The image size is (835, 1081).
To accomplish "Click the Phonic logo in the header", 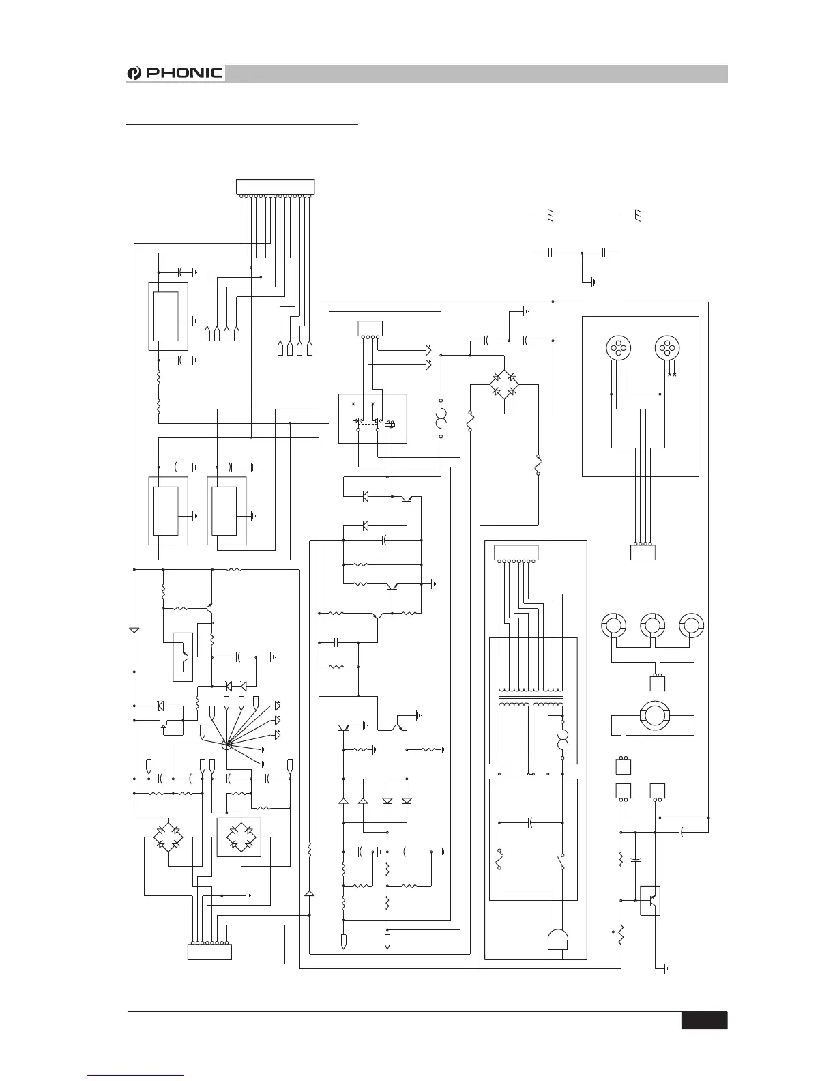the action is point(175,73).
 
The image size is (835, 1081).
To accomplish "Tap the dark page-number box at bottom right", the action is point(704,1020).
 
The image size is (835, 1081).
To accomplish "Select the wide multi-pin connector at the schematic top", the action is point(275,186).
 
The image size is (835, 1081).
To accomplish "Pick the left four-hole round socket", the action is point(618,349).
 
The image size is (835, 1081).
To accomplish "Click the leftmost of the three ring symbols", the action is point(613,624).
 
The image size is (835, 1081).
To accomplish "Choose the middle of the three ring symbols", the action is point(653,624).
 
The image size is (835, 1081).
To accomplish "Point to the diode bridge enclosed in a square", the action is point(239,837).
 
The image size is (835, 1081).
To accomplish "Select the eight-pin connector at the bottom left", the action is point(209,951).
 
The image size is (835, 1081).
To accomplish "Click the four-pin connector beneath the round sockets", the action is point(643,552).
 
